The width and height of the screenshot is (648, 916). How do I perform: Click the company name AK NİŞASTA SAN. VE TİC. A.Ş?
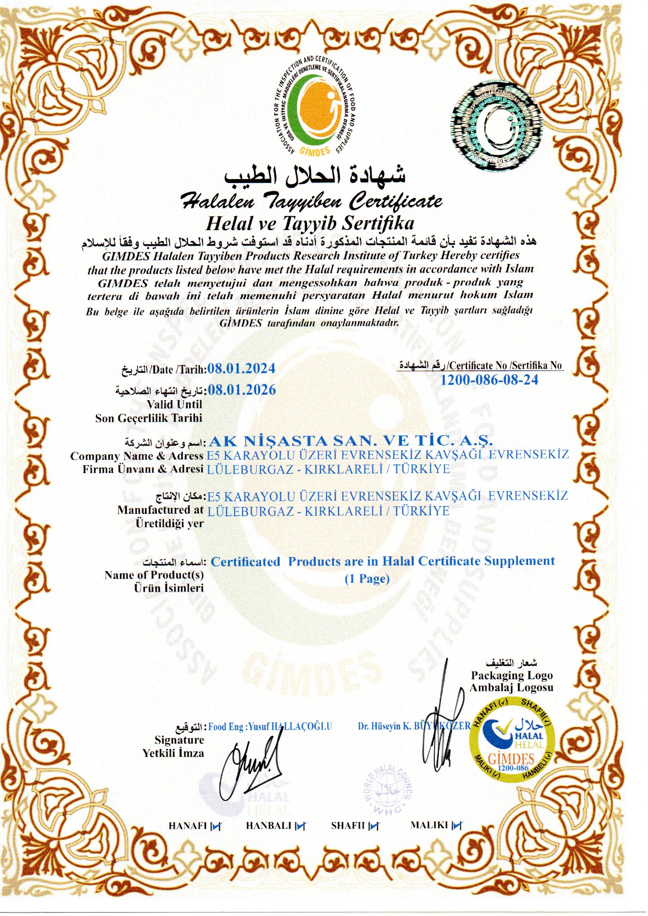pos(351,441)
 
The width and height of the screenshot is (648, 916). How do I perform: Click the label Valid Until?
pos(174,404)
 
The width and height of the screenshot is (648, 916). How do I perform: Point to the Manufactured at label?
pos(160,510)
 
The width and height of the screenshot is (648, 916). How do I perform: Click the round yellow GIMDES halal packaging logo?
pos(513,738)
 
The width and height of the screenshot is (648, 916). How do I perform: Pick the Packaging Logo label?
pos(512,675)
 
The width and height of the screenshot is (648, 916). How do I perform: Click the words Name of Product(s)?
pos(154,575)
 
